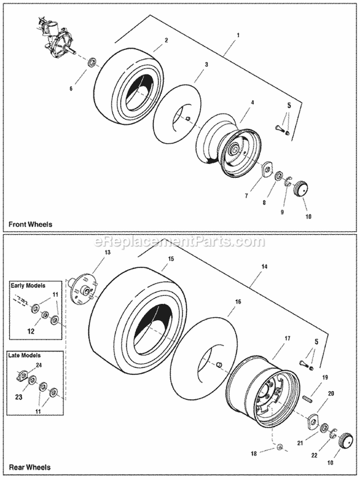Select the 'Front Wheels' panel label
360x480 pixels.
coord(30,224)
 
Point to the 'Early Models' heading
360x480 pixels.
coord(28,285)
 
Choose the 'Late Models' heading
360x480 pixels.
coord(24,356)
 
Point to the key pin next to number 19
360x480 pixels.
coord(308,397)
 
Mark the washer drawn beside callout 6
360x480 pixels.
coord(91,62)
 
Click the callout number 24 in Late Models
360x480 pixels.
coord(38,365)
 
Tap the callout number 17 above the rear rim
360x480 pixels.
coord(287,339)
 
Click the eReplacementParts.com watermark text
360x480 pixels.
coord(180,240)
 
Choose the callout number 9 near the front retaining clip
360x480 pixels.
coord(282,211)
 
